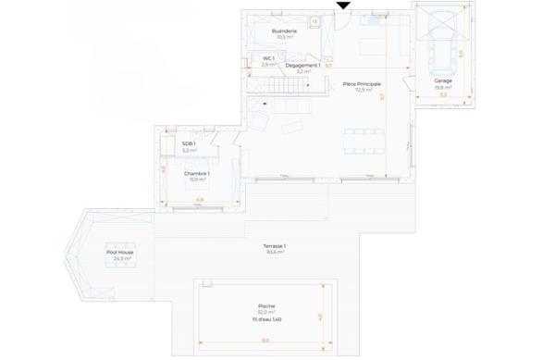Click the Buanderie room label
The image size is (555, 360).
click(284, 31)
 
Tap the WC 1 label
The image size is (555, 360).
click(268, 58)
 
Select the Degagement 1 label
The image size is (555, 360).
click(302, 66)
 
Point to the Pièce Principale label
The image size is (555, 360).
click(362, 84)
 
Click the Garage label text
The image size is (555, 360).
click(442, 81)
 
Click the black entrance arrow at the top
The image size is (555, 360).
click(343, 6)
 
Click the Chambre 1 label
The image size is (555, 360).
click(196, 173)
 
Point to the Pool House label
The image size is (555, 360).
click(120, 252)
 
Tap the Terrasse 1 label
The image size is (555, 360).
click(275, 245)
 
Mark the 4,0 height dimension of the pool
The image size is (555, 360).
click(321, 316)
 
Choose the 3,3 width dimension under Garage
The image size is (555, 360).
click(442, 95)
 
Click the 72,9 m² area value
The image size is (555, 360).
click(362, 91)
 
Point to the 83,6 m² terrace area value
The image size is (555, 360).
click(275, 252)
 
